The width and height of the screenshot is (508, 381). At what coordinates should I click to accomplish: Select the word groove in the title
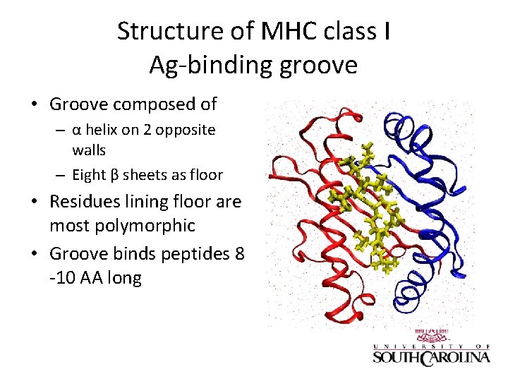(x=322, y=65)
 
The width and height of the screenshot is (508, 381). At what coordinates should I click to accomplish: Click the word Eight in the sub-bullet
(x=90, y=175)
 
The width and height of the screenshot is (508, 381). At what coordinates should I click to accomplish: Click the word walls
(x=89, y=150)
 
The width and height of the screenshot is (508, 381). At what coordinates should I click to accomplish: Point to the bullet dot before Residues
(x=34, y=202)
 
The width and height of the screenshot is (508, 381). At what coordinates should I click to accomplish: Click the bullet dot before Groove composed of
(x=34, y=104)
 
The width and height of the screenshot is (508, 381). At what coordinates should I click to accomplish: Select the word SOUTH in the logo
(x=396, y=358)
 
